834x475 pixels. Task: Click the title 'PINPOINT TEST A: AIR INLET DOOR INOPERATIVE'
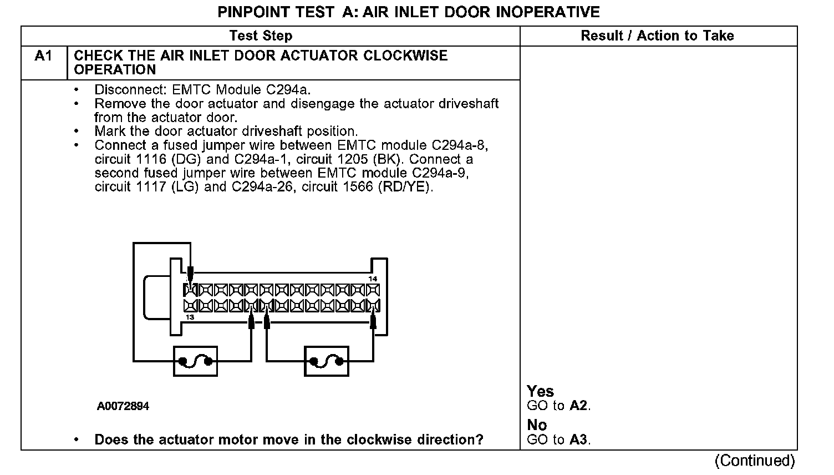[409, 12]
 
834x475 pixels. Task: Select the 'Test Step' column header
[261, 36]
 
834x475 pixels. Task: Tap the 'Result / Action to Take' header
[657, 36]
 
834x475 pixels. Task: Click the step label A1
[43, 56]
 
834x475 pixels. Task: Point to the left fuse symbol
[196, 361]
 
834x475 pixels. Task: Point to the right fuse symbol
[327, 361]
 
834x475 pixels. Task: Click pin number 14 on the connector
[373, 279]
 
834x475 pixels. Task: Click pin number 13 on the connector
[190, 317]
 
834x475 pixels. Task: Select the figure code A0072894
[123, 406]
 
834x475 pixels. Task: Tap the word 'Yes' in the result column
[540, 391]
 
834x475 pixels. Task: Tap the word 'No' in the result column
[537, 425]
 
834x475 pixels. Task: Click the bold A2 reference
[578, 406]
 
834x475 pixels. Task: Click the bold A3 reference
[578, 440]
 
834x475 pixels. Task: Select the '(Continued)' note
[755, 460]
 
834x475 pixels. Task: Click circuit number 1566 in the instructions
[358, 187]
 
